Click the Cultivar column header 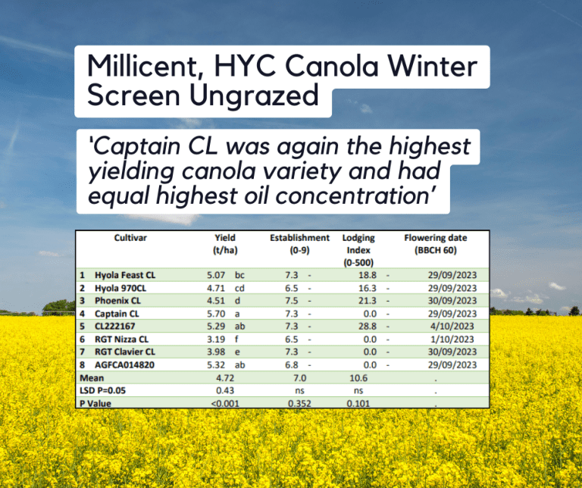pyautogui.click(x=130, y=237)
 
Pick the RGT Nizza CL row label pyautogui.click(x=121, y=339)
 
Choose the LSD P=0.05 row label pyautogui.click(x=105, y=390)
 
